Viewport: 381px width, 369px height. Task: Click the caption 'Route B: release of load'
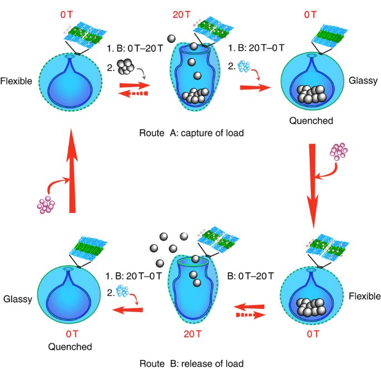[192, 362]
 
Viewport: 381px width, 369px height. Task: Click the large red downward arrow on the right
[314, 183]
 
